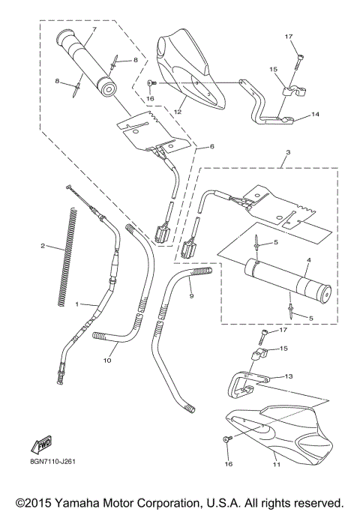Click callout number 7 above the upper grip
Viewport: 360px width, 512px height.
pos(94,29)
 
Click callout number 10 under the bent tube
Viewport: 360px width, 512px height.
pos(106,360)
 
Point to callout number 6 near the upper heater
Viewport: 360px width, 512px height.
pos(190,146)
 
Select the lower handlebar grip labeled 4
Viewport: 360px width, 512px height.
pos(285,280)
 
